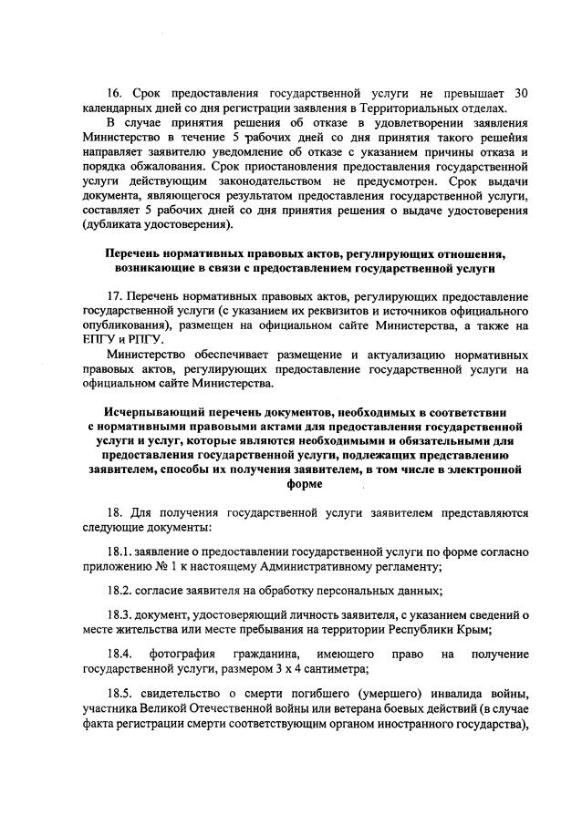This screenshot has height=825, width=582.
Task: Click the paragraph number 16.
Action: pyautogui.click(x=115, y=94)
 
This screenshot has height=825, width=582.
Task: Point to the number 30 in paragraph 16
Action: pyautogui.click(x=520, y=94)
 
